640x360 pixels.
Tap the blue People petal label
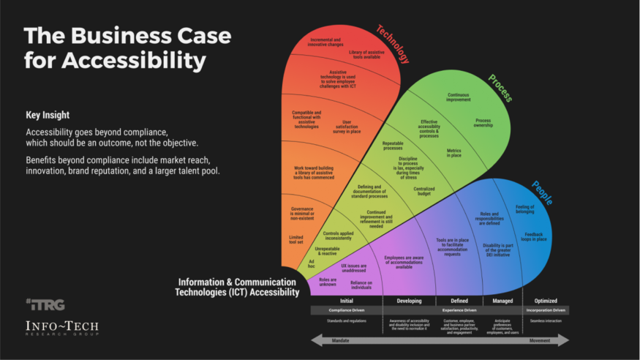click(x=541, y=192)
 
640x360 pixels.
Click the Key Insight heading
click(x=48, y=115)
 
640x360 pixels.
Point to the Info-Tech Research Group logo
click(x=62, y=329)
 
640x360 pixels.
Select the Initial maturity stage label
click(x=347, y=301)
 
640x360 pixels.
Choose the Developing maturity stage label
click(x=409, y=301)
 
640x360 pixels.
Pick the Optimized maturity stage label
click(x=545, y=301)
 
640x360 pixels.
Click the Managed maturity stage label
click(x=502, y=301)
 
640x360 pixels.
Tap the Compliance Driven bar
click(x=347, y=310)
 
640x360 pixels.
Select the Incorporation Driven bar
click(x=545, y=310)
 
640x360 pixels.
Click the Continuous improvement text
click(x=459, y=97)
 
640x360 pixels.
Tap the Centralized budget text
click(x=424, y=192)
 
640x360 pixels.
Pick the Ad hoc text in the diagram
click(x=312, y=263)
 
